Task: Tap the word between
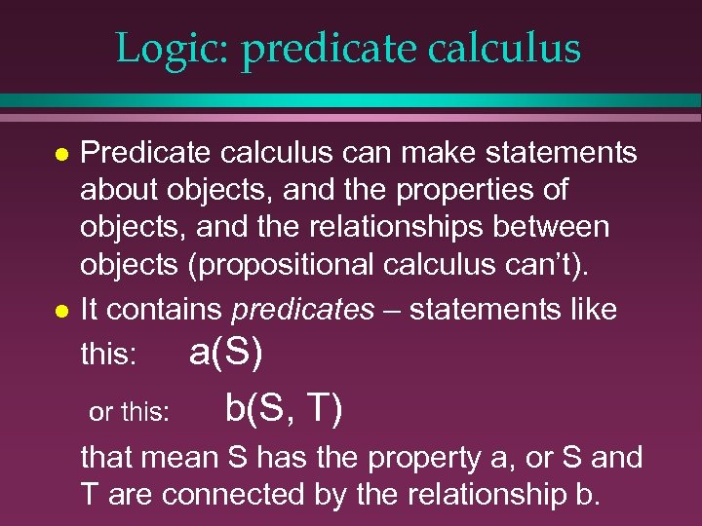pos(559,227)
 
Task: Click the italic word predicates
pos(302,311)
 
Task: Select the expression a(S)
pos(225,352)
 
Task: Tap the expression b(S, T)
pos(283,408)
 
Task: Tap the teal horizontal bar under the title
pos(351,100)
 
